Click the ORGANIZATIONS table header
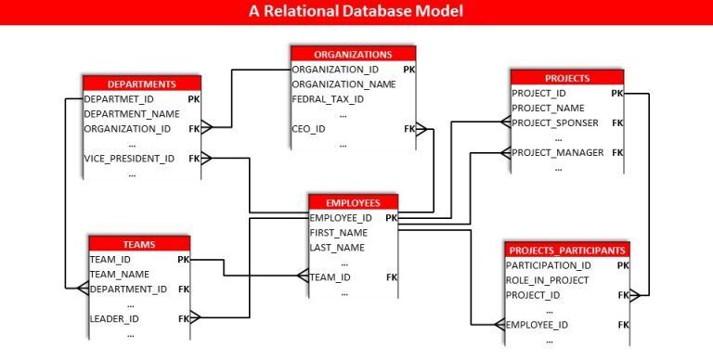tap(353, 54)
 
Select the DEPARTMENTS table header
tap(142, 84)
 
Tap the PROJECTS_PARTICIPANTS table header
tap(567, 251)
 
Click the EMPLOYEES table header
tap(353, 202)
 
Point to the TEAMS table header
tap(139, 245)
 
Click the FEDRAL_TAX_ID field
tap(328, 99)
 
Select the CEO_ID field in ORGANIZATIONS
tap(309, 129)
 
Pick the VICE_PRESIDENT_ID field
tap(129, 159)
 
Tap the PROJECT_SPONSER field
tap(555, 122)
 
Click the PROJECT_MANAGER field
tap(557, 153)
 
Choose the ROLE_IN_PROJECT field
tap(547, 280)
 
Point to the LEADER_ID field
tap(114, 318)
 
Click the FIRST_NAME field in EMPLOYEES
tap(338, 233)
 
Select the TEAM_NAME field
tap(120, 275)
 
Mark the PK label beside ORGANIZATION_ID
tap(408, 70)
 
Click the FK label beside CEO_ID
tap(409, 129)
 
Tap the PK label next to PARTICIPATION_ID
tap(623, 265)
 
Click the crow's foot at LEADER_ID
tap(195, 317)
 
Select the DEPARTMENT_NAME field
tap(132, 114)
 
